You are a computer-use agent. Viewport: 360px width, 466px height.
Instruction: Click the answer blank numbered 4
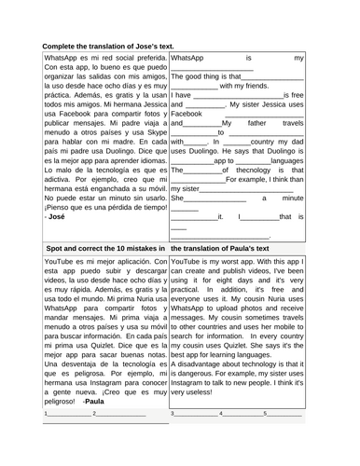click(x=242, y=413)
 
